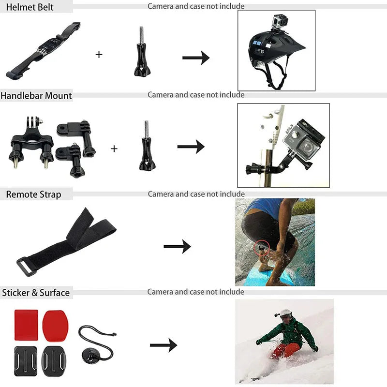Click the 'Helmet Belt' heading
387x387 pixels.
pyautogui.click(x=27, y=7)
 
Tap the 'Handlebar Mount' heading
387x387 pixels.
pyautogui.click(x=36, y=95)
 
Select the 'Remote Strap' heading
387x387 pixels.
pyautogui.click(x=33, y=194)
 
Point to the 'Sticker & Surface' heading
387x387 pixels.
pyautogui.click(x=36, y=293)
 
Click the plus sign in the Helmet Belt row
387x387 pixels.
pyautogui.click(x=99, y=54)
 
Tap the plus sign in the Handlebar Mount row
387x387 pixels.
pyautogui.click(x=114, y=149)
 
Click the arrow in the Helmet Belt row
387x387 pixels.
pyautogui.click(x=195, y=58)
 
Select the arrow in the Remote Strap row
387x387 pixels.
pyautogui.click(x=177, y=247)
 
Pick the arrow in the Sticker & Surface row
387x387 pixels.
pyautogui.click(x=163, y=345)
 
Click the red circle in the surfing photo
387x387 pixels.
pyautogui.click(x=260, y=246)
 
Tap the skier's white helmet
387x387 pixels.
pyautogui.click(x=286, y=313)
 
